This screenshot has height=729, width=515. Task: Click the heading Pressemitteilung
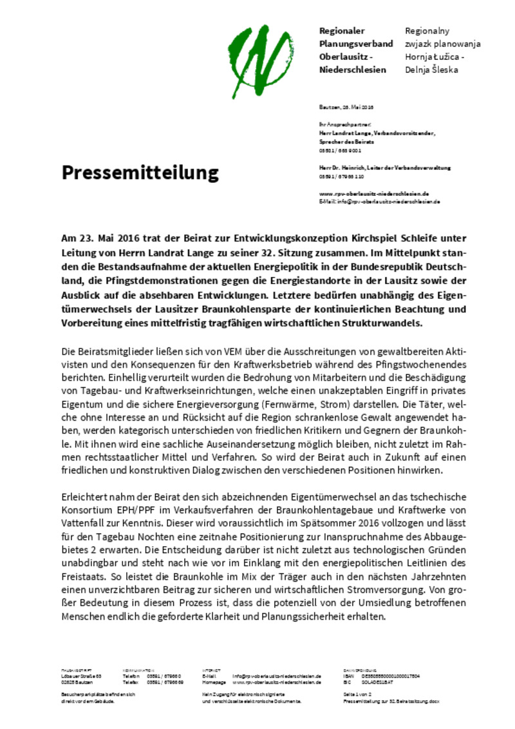[x=140, y=172]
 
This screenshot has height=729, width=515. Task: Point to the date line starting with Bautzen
[x=346, y=107]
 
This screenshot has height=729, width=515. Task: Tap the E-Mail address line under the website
[x=379, y=202]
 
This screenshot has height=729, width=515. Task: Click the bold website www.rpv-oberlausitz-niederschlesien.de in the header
[x=374, y=193]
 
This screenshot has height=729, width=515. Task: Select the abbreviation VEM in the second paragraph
[x=252, y=352]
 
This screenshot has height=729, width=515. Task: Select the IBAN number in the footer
[x=391, y=676]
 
